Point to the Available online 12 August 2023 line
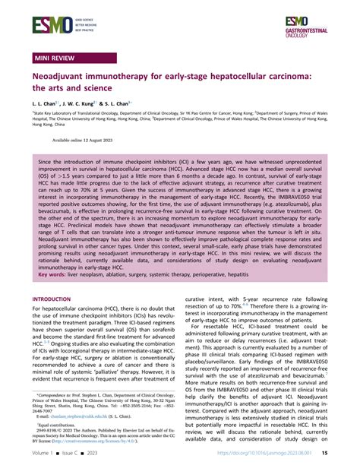point(84,141)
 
